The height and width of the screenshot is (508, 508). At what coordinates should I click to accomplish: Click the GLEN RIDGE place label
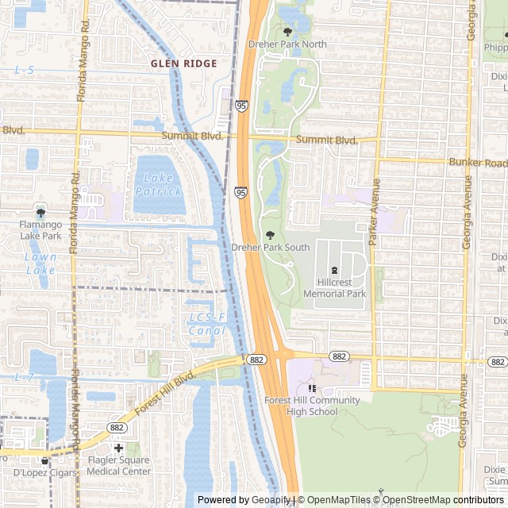click(183, 62)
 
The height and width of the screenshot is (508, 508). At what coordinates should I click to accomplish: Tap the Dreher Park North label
click(287, 44)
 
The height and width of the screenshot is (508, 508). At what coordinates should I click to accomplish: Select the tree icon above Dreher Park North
click(287, 32)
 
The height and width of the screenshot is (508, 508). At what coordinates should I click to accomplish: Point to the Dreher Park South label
click(270, 247)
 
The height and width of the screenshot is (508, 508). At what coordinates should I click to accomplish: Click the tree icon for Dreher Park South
click(270, 234)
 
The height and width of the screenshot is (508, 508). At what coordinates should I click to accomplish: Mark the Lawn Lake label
click(40, 264)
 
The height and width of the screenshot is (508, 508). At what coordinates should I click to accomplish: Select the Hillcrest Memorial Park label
click(335, 287)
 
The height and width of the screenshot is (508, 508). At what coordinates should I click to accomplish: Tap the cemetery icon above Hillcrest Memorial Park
click(334, 270)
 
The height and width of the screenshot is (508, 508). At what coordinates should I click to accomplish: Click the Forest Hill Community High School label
click(312, 406)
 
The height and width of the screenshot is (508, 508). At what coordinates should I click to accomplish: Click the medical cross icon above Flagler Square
click(118, 448)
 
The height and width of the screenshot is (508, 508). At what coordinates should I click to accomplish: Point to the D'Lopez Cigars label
click(44, 473)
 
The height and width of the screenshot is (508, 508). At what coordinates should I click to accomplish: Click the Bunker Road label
click(477, 162)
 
